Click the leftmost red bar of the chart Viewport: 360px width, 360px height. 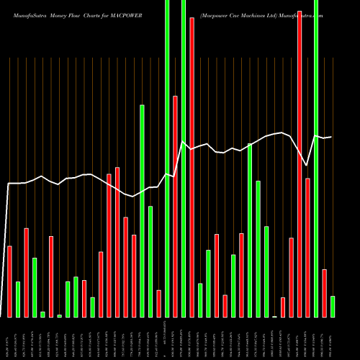click(x=9, y=282)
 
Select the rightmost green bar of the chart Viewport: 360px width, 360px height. click(x=333, y=306)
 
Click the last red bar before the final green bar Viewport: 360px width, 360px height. click(x=324, y=293)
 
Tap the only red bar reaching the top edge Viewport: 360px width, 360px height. click(x=300, y=158)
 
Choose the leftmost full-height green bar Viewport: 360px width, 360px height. click(x=167, y=158)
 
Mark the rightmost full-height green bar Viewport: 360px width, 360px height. click(x=316, y=158)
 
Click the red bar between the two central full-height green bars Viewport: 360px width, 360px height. click(x=175, y=206)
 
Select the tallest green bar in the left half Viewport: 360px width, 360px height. click(x=142, y=211)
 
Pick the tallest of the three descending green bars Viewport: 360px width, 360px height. click(x=250, y=230)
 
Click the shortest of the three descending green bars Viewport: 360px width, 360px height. click(x=266, y=271)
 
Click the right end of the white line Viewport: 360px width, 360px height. click(x=332, y=137)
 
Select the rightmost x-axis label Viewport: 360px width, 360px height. click(x=333, y=338)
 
